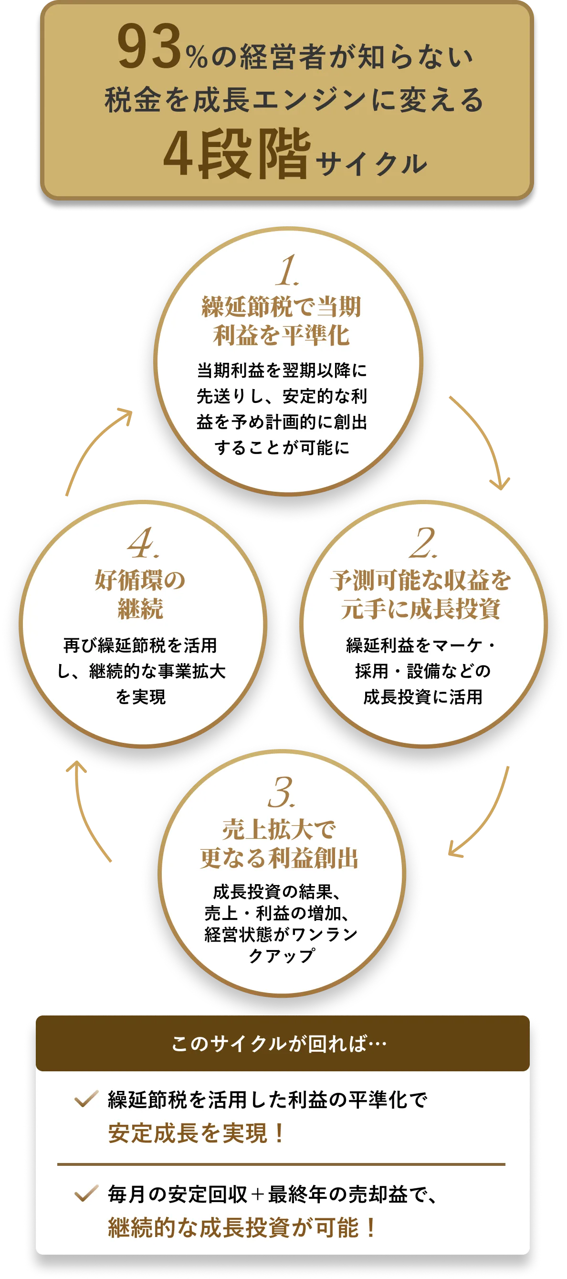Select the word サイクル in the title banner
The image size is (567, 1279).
click(371, 164)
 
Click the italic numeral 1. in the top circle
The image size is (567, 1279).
click(287, 271)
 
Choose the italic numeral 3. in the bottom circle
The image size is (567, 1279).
click(282, 793)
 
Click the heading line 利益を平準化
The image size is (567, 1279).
click(282, 335)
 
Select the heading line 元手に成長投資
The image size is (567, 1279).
click(420, 609)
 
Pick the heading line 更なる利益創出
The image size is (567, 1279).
click(279, 858)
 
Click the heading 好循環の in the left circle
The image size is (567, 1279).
click(140, 580)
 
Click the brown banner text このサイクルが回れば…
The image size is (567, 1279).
click(279, 1044)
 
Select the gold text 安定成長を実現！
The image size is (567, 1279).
click(197, 1133)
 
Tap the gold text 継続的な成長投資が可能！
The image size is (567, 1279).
click(242, 1227)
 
